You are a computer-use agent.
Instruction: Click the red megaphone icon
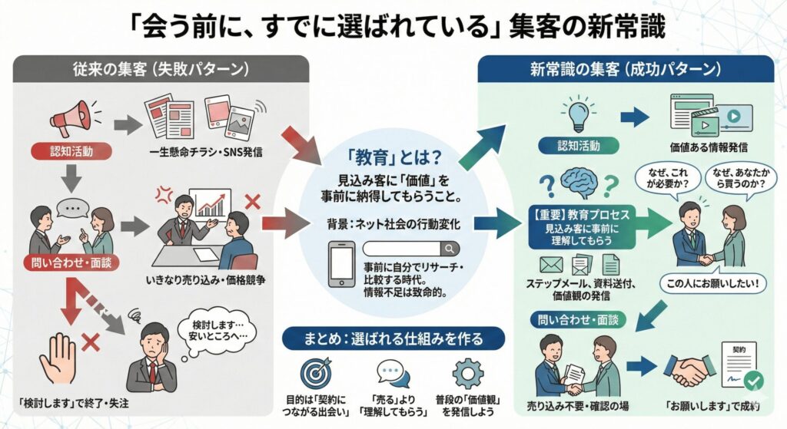coord(71,119)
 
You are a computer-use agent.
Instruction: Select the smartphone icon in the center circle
coord(342,264)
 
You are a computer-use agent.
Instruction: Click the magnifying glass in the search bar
coord(448,248)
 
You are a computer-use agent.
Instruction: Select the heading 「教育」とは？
coord(393,157)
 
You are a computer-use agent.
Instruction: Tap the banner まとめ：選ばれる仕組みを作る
coord(393,338)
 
